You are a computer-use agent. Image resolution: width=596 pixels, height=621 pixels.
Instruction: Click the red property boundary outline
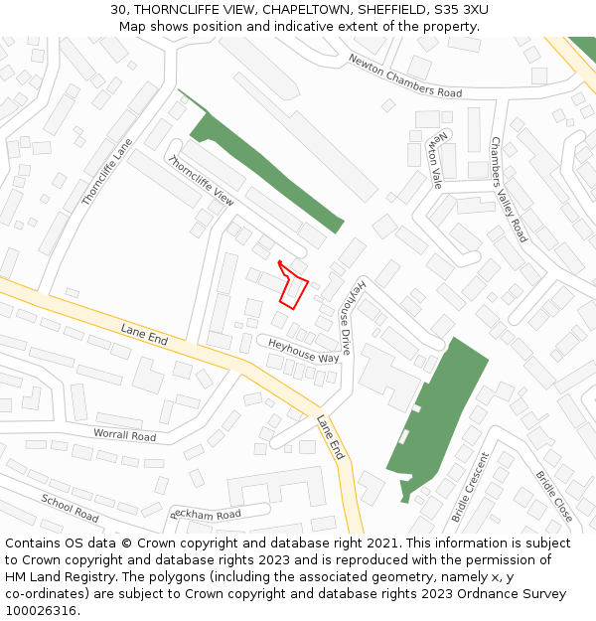click(x=293, y=288)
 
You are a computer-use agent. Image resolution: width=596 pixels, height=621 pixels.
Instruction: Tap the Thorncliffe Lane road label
click(x=106, y=172)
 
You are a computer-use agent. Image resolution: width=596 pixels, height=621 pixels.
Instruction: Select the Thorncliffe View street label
click(x=201, y=181)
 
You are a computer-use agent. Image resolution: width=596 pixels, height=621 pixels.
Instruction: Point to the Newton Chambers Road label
click(x=404, y=76)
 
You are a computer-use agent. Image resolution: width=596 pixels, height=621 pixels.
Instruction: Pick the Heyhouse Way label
click(x=303, y=350)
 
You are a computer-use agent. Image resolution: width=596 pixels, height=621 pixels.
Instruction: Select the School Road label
click(x=70, y=508)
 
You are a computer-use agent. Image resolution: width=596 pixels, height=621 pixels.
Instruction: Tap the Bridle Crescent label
click(x=470, y=487)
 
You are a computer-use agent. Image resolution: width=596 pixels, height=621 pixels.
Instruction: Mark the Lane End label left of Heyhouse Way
click(x=144, y=335)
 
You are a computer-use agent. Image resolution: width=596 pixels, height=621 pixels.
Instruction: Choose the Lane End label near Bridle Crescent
click(x=331, y=437)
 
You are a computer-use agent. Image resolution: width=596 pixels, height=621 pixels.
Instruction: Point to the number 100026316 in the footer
click(x=41, y=611)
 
